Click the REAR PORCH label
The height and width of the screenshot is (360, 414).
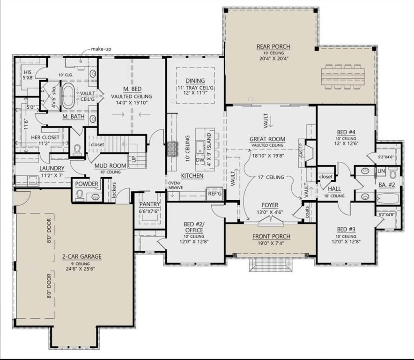coord(273,46)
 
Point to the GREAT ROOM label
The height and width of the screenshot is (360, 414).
coord(267,139)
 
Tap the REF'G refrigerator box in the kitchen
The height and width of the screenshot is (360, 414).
coord(214,192)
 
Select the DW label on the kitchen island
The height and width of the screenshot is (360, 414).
coord(200,160)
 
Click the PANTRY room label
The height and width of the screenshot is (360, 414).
coord(149,204)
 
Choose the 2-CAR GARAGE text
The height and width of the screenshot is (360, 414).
coord(81,256)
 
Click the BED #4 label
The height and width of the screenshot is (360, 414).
coord(346,133)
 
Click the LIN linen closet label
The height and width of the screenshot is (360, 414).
coord(381,172)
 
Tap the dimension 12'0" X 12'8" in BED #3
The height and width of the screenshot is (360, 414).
coord(346,242)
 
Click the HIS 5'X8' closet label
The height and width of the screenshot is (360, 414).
coord(28,75)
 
